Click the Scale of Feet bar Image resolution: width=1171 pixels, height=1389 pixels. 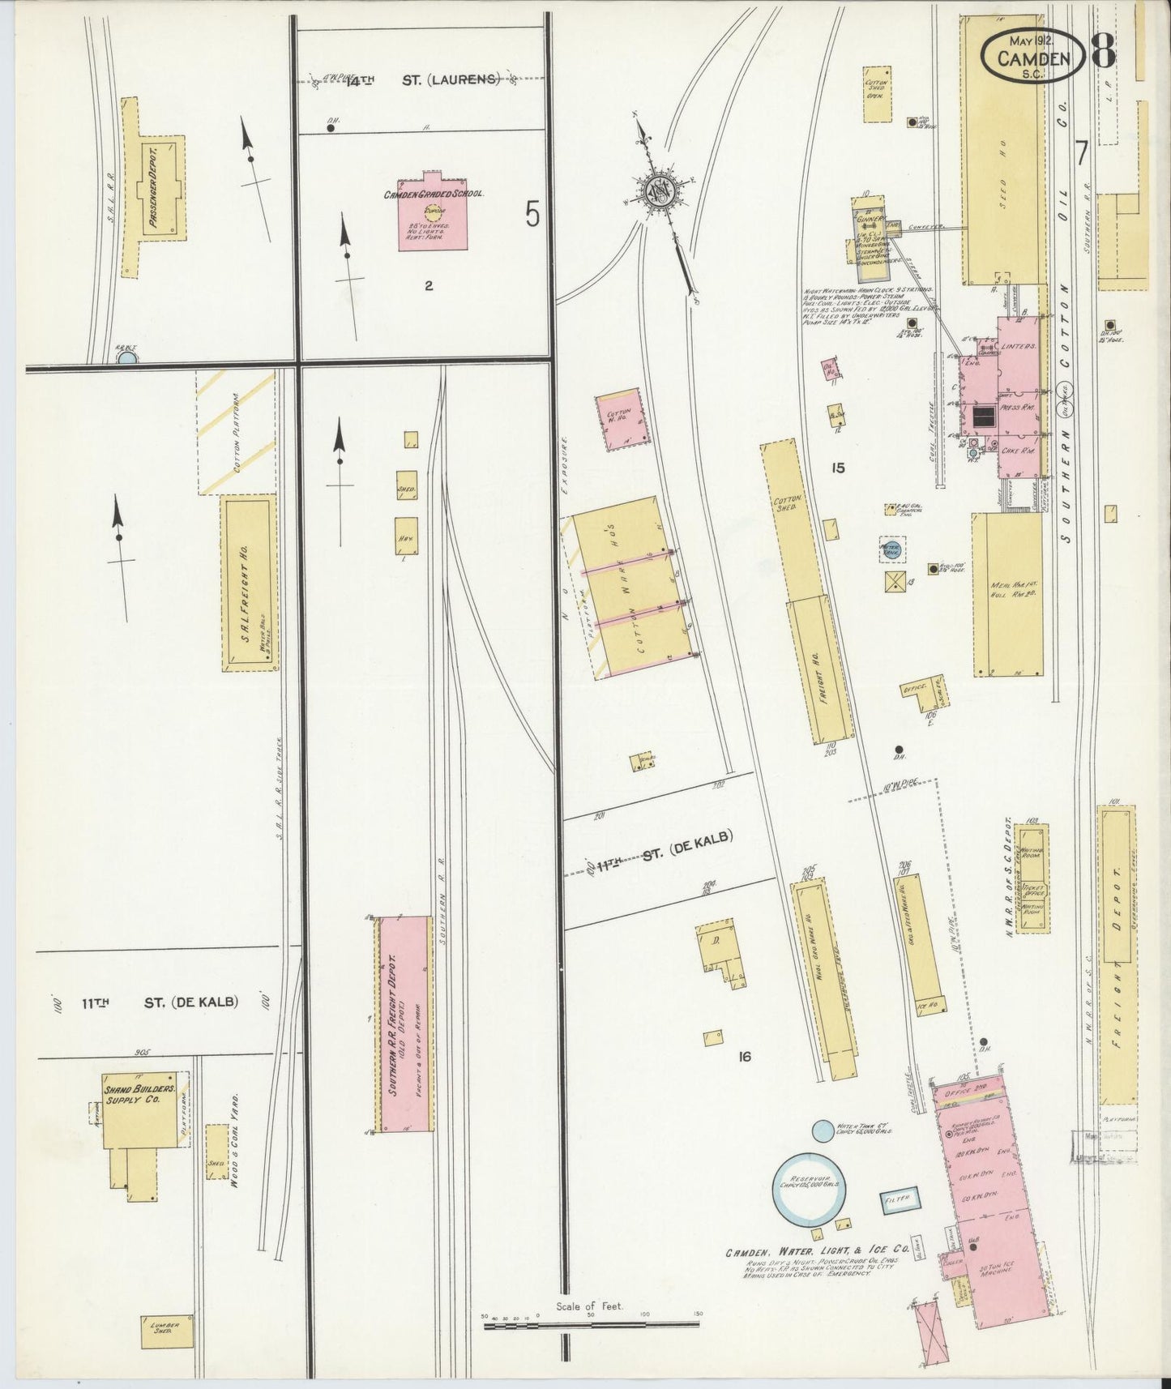point(591,1325)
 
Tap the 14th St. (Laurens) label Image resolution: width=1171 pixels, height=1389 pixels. point(421,79)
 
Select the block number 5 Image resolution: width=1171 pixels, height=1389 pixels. point(532,215)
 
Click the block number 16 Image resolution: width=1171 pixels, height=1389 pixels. point(746,1057)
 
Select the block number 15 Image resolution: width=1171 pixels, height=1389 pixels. point(837,468)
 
